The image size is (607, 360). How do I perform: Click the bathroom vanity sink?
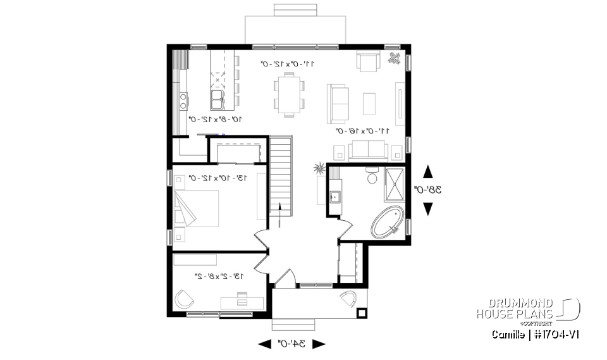click(x=334, y=196)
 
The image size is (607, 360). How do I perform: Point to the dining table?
click(x=289, y=94)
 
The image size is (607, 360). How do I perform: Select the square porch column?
click(x=362, y=312)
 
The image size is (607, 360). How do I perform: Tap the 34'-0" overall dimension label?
click(x=291, y=344)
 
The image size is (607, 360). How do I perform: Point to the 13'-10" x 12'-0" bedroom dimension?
click(x=218, y=179)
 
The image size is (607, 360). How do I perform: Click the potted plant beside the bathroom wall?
click(x=318, y=169)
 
